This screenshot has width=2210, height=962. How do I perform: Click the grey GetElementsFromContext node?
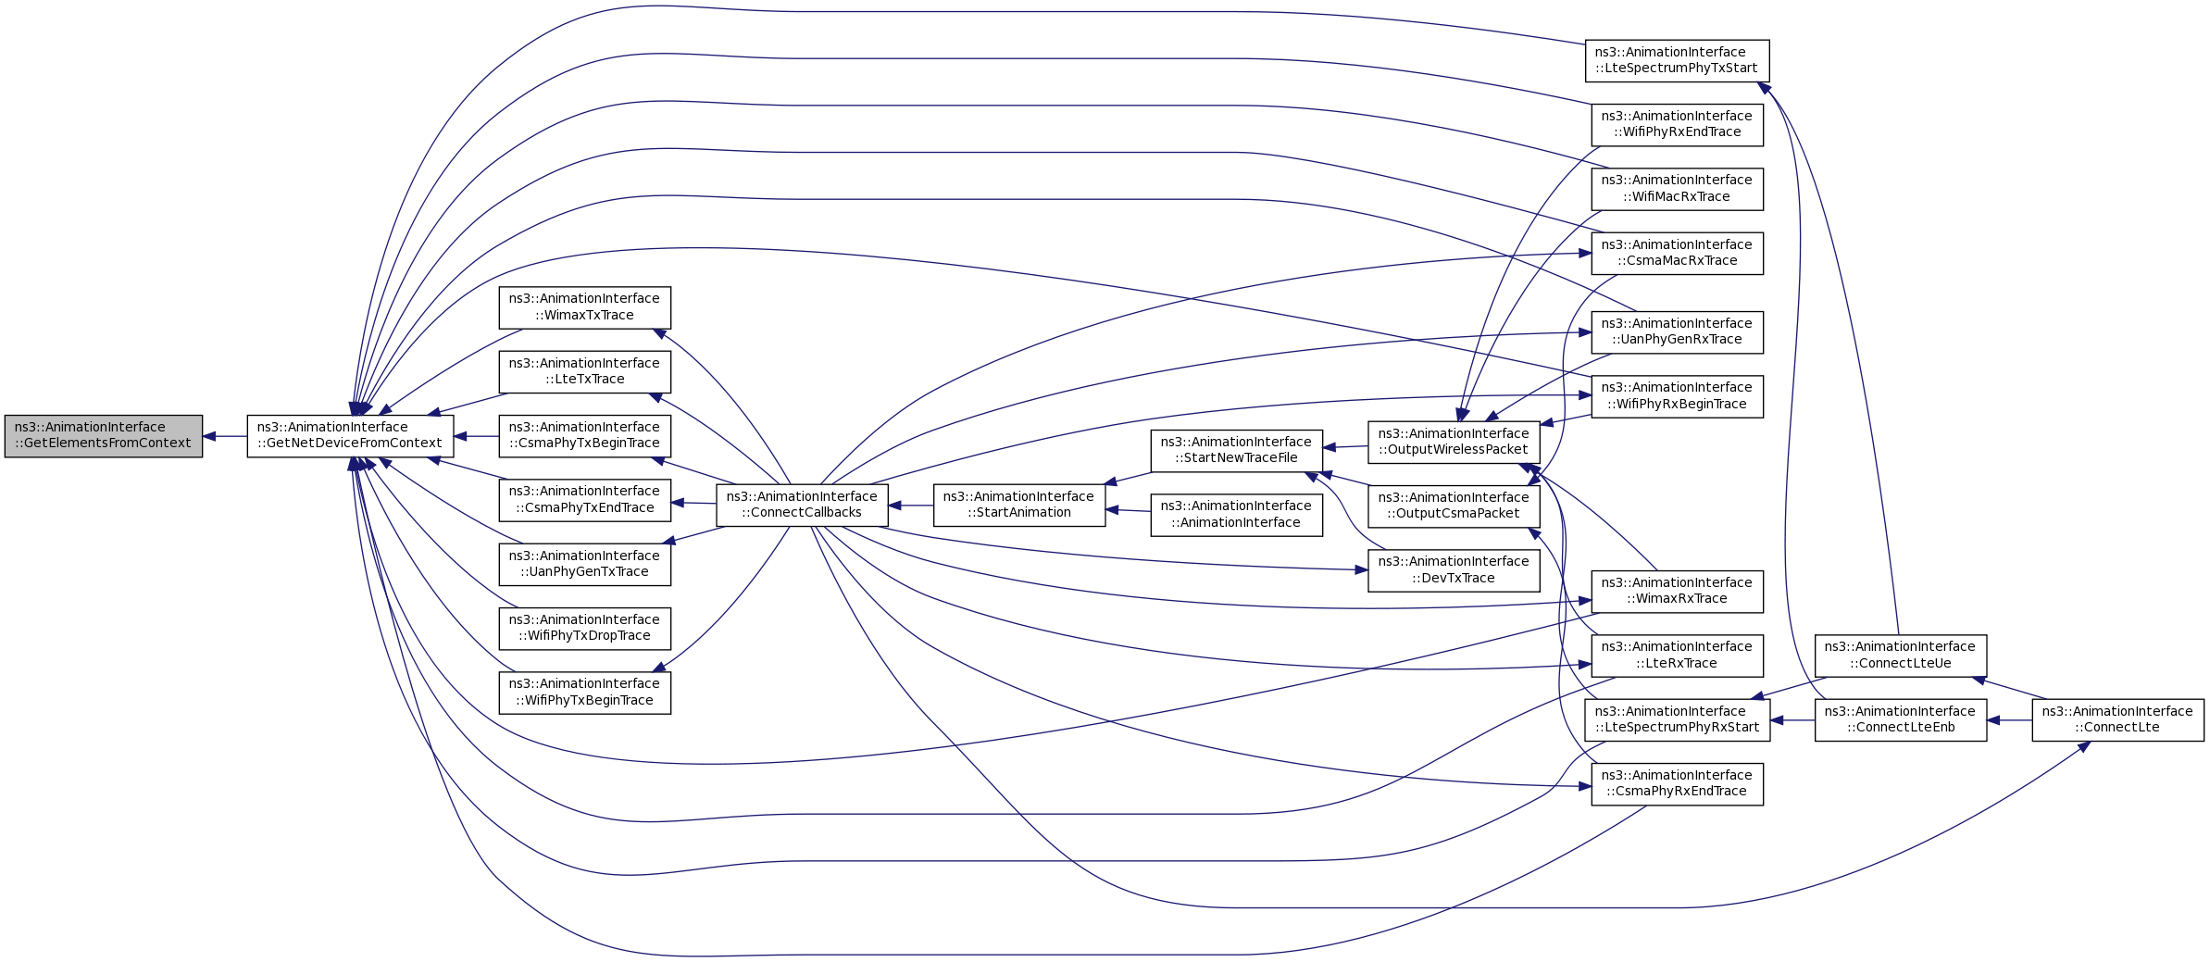pos(103,435)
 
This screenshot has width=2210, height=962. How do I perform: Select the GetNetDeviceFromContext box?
pos(350,435)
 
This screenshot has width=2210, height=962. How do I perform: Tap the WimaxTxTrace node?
pos(584,307)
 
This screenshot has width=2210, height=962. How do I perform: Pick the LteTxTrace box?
pos(584,371)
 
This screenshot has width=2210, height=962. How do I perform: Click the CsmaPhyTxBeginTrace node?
pos(584,435)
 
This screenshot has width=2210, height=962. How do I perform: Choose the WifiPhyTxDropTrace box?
pos(584,628)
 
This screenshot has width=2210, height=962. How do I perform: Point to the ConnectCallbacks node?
pos(802,505)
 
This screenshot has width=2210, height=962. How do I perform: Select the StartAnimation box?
pos(1018,505)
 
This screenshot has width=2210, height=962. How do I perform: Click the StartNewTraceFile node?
pos(1236,450)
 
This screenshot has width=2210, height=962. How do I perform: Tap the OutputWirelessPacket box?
pos(1454,442)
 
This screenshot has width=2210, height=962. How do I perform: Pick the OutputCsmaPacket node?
pos(1454,506)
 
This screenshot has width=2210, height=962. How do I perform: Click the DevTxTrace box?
pos(1454,569)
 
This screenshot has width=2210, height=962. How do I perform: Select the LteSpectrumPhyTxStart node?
pos(1676,60)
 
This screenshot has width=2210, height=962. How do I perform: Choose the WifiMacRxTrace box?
pos(1677,188)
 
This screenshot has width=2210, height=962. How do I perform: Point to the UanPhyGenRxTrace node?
pos(1677,331)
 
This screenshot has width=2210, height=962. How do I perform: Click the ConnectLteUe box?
pos(1900,655)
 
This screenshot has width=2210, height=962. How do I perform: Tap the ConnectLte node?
pos(2117,719)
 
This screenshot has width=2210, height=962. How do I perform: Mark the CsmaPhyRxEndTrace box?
pos(1677,783)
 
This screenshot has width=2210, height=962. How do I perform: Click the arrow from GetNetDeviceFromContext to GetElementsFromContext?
pos(225,436)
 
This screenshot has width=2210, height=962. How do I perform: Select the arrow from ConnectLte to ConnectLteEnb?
pos(2009,719)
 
